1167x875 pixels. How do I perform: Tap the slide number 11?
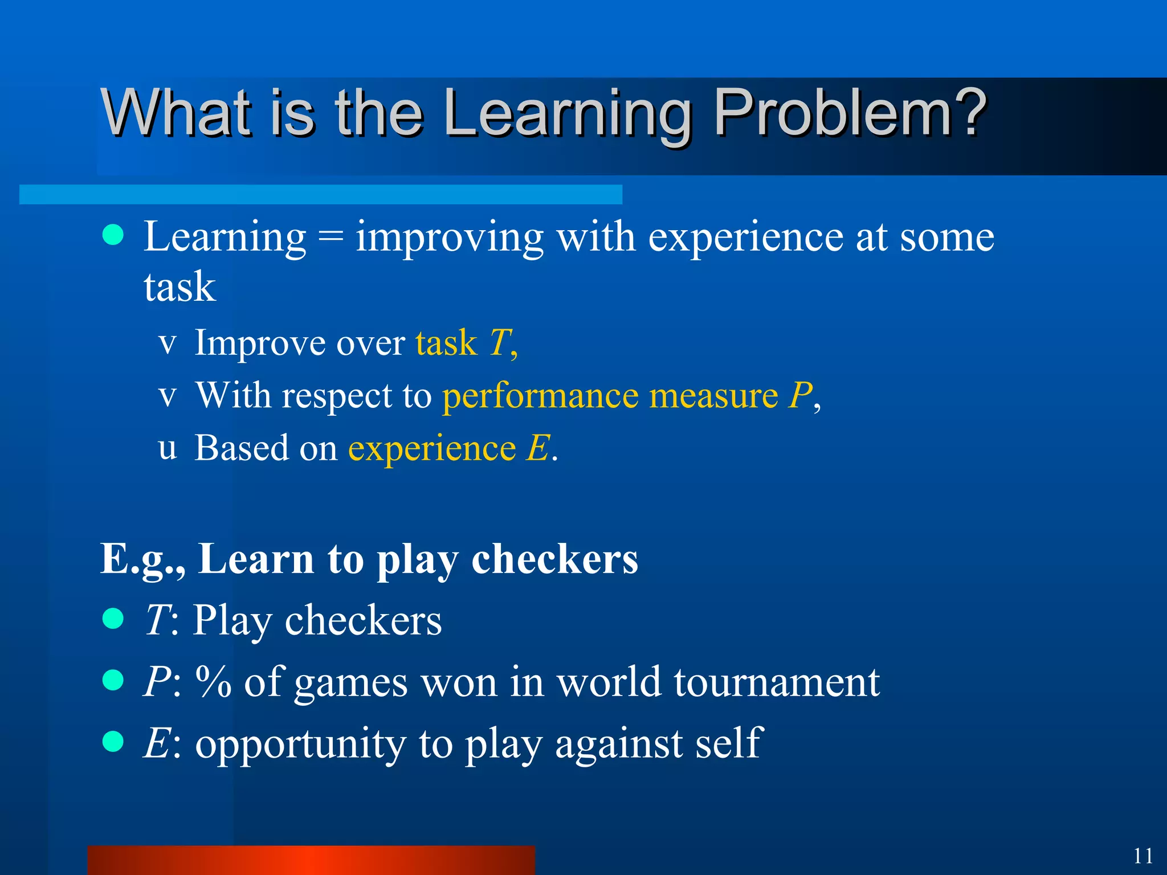[x=1143, y=856]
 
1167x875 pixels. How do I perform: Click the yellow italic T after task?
[x=500, y=343]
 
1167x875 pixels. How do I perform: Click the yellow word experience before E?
[x=432, y=449]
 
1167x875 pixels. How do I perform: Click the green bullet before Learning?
[x=113, y=235]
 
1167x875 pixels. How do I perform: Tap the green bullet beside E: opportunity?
[x=113, y=742]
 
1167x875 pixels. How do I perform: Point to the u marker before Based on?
[x=167, y=448]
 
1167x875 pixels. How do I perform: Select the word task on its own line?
[x=179, y=287]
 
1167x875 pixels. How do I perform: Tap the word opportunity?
[x=300, y=744]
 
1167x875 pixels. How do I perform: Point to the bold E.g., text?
[x=142, y=559]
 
